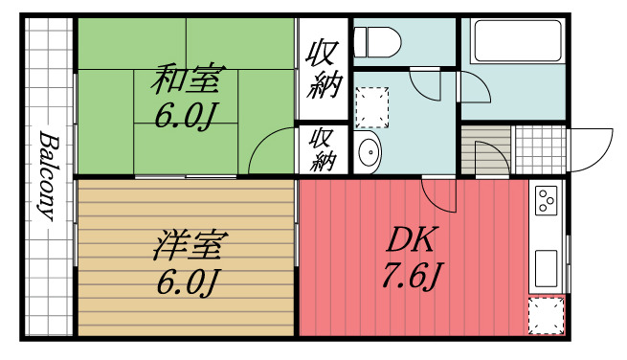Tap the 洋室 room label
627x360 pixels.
tap(188, 247)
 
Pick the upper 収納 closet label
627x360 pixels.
tap(324, 70)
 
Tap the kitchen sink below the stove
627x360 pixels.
tap(547, 262)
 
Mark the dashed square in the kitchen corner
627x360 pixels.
tap(547, 316)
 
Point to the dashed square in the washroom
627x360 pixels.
tap(373, 107)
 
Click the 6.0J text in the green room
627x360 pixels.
tap(188, 117)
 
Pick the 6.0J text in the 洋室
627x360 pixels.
tap(188, 283)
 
